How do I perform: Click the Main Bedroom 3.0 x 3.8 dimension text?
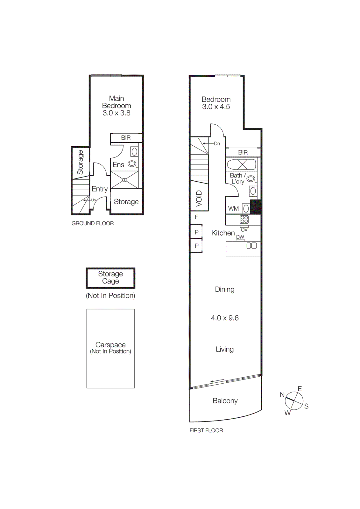116,113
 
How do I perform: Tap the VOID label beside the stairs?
199,198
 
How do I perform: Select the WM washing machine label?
233,209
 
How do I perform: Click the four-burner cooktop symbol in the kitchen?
244,220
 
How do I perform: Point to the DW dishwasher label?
240,237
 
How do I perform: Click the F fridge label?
196,217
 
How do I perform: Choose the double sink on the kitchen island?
251,246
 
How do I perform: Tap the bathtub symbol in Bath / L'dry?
242,164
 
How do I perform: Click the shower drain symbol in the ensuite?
124,180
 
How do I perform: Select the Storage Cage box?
110,278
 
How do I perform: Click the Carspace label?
110,345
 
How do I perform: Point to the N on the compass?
282,394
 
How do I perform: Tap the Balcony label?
225,401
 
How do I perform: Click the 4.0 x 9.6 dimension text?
225,318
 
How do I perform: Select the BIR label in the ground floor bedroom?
126,138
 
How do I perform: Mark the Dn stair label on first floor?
217,143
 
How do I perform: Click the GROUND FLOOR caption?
92,223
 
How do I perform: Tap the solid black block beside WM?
256,207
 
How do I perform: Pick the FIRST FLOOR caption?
206,430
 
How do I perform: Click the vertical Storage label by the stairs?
80,162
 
